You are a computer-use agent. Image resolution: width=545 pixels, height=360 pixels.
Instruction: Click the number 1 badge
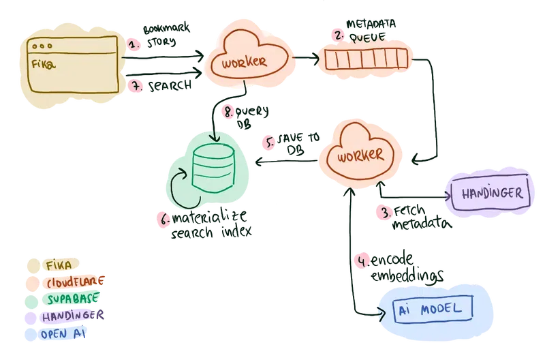pyautogui.click(x=135, y=45)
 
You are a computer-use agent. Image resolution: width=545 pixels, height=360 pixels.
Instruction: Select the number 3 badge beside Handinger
pyautogui.click(x=386, y=212)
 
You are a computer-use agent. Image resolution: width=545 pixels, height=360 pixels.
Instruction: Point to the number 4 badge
pyautogui.click(x=364, y=261)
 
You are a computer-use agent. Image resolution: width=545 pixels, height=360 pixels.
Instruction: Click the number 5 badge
pyautogui.click(x=270, y=144)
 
